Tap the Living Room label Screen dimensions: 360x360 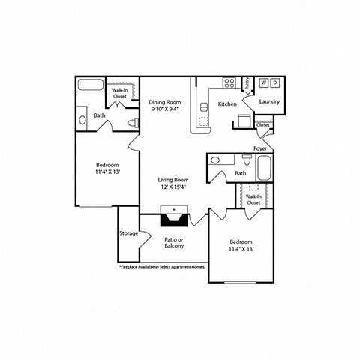pos(172,184)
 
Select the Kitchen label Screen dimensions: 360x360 pos(228,103)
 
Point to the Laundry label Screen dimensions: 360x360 pos(269,100)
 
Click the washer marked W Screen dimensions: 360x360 pos(264,83)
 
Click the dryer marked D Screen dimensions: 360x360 pos(275,83)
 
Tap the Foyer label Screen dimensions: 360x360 pos(259,148)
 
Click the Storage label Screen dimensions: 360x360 pos(128,233)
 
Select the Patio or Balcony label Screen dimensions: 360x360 pos(174,243)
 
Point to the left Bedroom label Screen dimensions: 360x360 pos(106,168)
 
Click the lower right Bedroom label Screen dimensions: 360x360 pos(241,245)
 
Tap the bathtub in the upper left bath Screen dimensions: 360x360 pos(91,84)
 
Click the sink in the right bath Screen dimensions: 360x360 pos(215,160)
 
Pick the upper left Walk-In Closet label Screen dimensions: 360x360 pos(120,94)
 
